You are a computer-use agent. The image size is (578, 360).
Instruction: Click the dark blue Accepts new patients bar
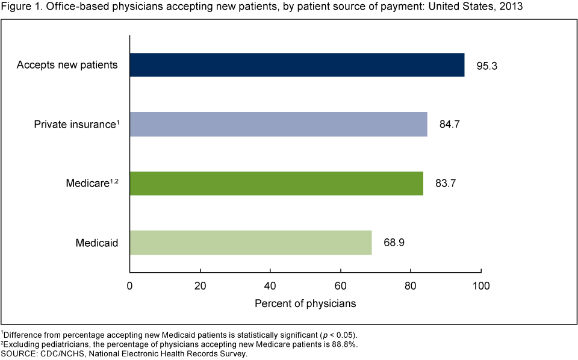(x=297, y=65)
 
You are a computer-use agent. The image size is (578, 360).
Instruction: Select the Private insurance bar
(x=278, y=124)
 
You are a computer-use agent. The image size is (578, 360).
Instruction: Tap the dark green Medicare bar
(x=276, y=183)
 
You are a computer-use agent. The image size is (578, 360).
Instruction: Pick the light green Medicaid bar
(x=250, y=243)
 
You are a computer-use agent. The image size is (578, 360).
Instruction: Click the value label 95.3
(x=486, y=65)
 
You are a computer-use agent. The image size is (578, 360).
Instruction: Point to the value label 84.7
(x=449, y=125)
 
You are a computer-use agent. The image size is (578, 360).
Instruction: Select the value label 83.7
(x=445, y=184)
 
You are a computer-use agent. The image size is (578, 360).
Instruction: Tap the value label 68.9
(x=394, y=243)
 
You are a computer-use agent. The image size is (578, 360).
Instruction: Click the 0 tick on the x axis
(x=130, y=286)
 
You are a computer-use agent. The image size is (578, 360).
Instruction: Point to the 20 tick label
(x=200, y=286)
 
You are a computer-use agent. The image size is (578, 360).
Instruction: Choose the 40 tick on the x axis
(x=270, y=286)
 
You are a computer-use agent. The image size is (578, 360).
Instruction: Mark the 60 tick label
(x=341, y=286)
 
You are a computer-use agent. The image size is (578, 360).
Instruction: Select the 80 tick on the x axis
(x=411, y=286)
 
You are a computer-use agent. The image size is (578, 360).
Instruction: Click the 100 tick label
(x=481, y=286)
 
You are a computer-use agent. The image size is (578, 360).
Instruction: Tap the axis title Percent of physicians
(x=305, y=303)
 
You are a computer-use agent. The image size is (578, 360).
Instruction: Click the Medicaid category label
(x=96, y=243)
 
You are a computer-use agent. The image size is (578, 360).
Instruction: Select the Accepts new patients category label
(x=67, y=65)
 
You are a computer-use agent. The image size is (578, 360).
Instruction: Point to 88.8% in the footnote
(x=342, y=344)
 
